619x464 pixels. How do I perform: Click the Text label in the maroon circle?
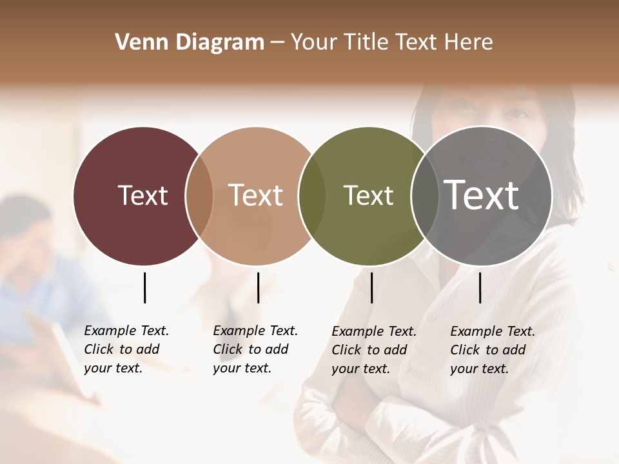(142, 195)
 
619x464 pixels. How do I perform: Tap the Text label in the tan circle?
(256, 195)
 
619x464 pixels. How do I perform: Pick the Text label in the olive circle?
(368, 195)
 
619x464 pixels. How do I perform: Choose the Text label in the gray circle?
(482, 195)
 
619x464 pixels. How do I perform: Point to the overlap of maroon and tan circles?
(199, 195)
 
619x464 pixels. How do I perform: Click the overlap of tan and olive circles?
(312, 195)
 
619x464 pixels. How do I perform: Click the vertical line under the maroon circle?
(144, 287)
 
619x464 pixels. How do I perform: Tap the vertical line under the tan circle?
(258, 287)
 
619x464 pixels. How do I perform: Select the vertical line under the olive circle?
(371, 287)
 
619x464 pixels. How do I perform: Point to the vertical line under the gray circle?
(480, 287)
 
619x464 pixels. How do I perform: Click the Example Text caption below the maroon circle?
(126, 349)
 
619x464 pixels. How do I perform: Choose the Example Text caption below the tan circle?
(255, 349)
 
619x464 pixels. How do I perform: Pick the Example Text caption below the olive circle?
(373, 350)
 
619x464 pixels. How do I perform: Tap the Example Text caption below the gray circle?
(492, 350)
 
